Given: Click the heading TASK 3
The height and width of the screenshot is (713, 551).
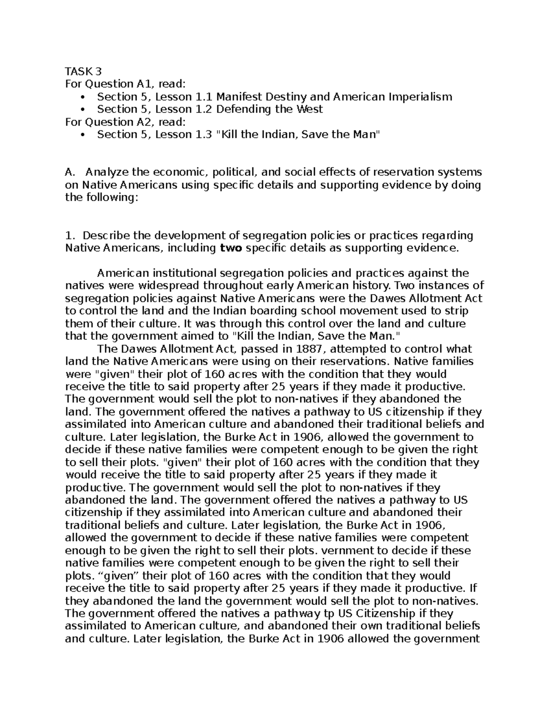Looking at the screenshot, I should (x=83, y=71).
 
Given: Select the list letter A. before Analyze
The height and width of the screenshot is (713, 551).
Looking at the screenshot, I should (x=70, y=173).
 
